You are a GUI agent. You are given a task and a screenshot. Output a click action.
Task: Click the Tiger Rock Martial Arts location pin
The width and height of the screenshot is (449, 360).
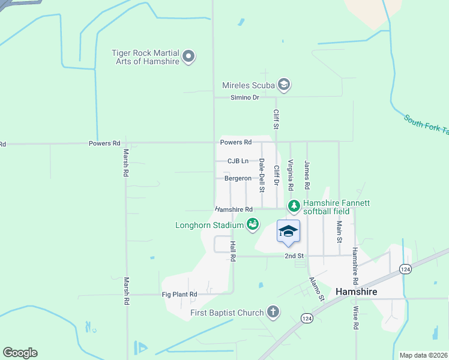(188, 58)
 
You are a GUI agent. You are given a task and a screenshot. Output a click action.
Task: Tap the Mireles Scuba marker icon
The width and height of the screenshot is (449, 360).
(284, 85)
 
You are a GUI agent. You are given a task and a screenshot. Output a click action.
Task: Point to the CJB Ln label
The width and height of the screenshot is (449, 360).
(238, 161)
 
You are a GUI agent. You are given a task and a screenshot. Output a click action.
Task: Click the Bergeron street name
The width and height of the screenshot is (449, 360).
(238, 178)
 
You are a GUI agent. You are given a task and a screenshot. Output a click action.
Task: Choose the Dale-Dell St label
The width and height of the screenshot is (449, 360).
(262, 175)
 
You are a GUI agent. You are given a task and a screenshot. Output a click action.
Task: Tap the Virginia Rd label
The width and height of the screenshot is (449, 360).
(291, 175)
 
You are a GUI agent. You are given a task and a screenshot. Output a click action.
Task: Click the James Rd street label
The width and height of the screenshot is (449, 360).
(307, 172)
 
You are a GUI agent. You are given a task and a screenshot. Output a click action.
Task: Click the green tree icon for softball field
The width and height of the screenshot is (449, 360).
(294, 207)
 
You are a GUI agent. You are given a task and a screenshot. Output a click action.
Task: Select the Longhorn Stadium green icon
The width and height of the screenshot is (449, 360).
(253, 225)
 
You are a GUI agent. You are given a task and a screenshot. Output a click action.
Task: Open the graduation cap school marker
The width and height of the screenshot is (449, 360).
(288, 232)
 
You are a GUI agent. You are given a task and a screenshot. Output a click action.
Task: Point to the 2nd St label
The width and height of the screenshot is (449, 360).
(294, 256)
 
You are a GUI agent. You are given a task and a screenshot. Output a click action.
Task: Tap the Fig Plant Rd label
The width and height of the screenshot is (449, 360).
(179, 295)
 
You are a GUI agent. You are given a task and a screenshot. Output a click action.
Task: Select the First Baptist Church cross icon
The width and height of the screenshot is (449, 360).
(273, 312)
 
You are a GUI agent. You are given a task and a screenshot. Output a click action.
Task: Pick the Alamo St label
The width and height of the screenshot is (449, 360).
(316, 289)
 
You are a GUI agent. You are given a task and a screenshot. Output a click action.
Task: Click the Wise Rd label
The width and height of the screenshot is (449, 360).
(355, 318)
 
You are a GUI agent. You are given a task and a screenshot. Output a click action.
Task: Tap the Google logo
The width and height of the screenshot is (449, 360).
(20, 353)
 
